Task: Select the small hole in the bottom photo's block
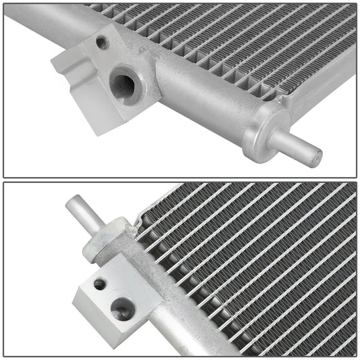99,284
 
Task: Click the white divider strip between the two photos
180,179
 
